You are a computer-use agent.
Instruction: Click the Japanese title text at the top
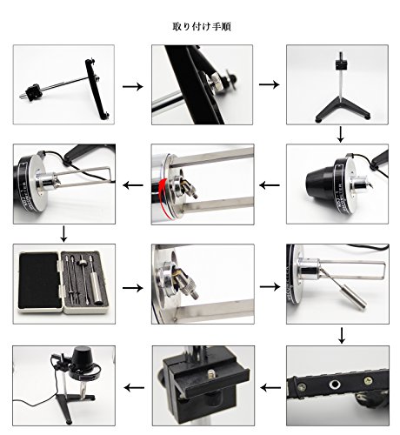tap(202, 27)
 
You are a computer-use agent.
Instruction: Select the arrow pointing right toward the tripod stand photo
tap(270, 84)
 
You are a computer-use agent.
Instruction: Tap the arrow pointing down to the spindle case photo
tap(63, 234)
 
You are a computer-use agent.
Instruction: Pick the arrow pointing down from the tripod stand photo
tap(341, 134)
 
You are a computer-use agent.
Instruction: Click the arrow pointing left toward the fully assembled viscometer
tap(134, 387)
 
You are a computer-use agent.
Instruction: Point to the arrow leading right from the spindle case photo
tap(133, 288)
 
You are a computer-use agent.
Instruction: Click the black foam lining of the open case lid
tap(39, 281)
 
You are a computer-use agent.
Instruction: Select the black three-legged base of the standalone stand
tap(342, 110)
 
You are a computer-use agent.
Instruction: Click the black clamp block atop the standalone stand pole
tap(342, 64)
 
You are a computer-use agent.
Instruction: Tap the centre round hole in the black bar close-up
tap(335, 385)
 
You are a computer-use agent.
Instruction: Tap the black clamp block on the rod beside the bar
tap(33, 92)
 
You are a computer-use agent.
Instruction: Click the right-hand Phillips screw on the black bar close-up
tap(368, 380)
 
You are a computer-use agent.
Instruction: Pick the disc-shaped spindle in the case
tap(83, 264)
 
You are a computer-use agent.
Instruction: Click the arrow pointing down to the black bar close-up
tap(342, 336)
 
